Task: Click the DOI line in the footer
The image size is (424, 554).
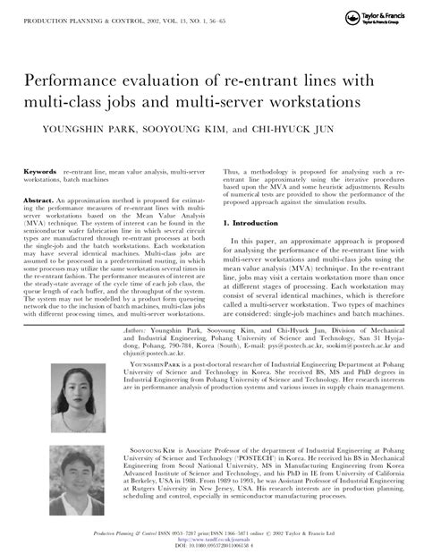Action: click(x=211, y=546)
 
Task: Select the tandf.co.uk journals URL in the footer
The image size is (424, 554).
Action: click(x=211, y=541)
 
